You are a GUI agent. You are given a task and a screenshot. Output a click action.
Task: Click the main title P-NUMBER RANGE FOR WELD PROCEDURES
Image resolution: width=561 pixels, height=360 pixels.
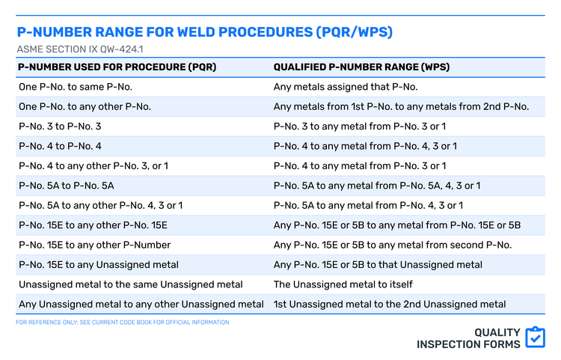tap(204, 33)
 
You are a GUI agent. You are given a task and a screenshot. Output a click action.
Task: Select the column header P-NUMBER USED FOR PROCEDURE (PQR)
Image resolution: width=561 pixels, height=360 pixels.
tap(117, 67)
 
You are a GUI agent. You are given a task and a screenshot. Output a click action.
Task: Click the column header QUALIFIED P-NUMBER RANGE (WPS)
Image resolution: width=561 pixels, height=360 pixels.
tap(361, 67)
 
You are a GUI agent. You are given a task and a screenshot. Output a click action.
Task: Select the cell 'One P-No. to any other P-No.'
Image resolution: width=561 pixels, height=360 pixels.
tap(85, 106)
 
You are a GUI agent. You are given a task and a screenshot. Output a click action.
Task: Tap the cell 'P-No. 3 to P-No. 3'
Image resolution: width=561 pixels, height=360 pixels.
tap(59, 126)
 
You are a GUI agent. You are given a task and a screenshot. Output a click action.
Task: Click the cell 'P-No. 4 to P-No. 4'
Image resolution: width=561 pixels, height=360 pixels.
tap(60, 146)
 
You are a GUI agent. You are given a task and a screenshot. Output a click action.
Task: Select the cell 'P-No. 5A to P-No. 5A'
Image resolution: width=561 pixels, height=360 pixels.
tap(66, 186)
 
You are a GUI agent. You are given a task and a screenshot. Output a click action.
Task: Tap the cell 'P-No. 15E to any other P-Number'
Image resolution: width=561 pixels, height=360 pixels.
tap(94, 245)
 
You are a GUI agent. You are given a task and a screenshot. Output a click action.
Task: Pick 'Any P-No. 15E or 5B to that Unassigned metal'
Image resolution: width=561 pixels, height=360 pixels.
tap(378, 264)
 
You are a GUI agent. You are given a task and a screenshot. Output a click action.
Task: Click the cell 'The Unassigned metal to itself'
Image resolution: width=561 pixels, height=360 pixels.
tap(343, 284)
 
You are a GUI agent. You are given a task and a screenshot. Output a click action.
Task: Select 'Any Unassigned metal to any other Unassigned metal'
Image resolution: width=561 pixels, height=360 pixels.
tap(141, 304)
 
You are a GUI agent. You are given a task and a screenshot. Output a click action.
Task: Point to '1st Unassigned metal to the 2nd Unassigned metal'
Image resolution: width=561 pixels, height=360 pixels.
tap(390, 304)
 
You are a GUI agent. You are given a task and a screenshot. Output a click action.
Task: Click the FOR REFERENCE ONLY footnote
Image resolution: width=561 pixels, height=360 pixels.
tap(123, 323)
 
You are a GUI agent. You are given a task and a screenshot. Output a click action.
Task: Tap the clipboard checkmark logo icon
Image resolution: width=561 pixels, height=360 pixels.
tap(535, 338)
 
